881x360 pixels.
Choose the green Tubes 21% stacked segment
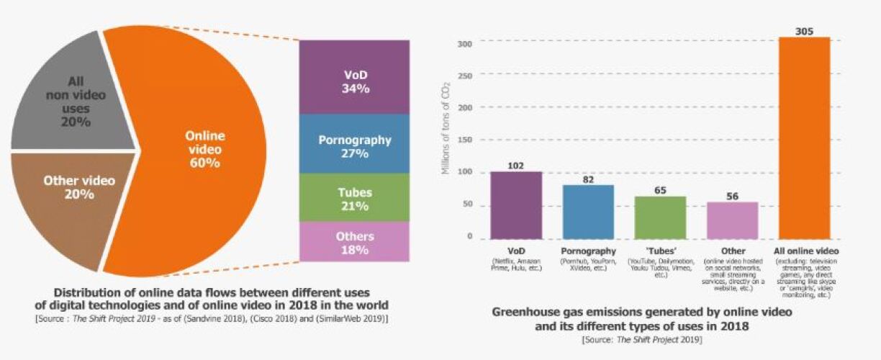point(354,199)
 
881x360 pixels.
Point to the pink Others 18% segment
point(354,243)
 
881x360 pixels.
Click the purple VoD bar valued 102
point(516,205)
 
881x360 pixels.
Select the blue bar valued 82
point(588,212)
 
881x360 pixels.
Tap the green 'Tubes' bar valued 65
point(660,217)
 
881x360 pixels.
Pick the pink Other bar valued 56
point(733,220)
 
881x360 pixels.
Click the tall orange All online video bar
point(805,137)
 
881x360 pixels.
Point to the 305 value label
point(805,32)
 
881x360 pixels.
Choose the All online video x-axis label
point(805,251)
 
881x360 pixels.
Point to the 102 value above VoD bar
point(515,166)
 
